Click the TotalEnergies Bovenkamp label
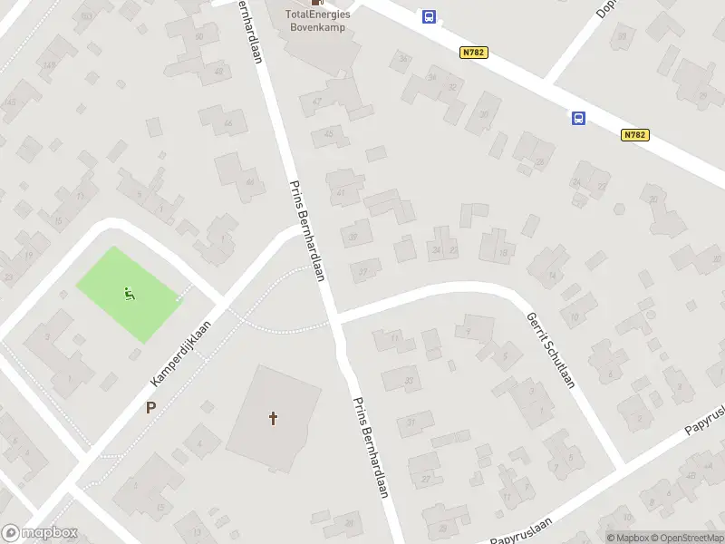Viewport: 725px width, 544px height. pos(318,20)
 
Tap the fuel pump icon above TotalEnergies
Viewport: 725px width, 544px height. pos(316,3)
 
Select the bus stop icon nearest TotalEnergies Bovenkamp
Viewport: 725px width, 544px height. pos(429,16)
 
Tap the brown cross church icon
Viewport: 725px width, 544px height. pos(273,418)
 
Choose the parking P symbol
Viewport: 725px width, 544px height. pos(150,408)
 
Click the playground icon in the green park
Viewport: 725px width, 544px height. pos(129,294)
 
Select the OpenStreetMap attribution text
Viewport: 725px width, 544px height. pos(684,538)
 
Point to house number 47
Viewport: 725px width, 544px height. pos(317,102)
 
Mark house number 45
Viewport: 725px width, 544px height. pos(328,134)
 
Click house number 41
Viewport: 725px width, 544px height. pos(341,192)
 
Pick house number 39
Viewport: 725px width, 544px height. pos(353,238)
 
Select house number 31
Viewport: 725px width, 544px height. pos(411,422)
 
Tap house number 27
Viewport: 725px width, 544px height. pos(425,479)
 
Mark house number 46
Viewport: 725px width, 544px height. pos(227,123)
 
